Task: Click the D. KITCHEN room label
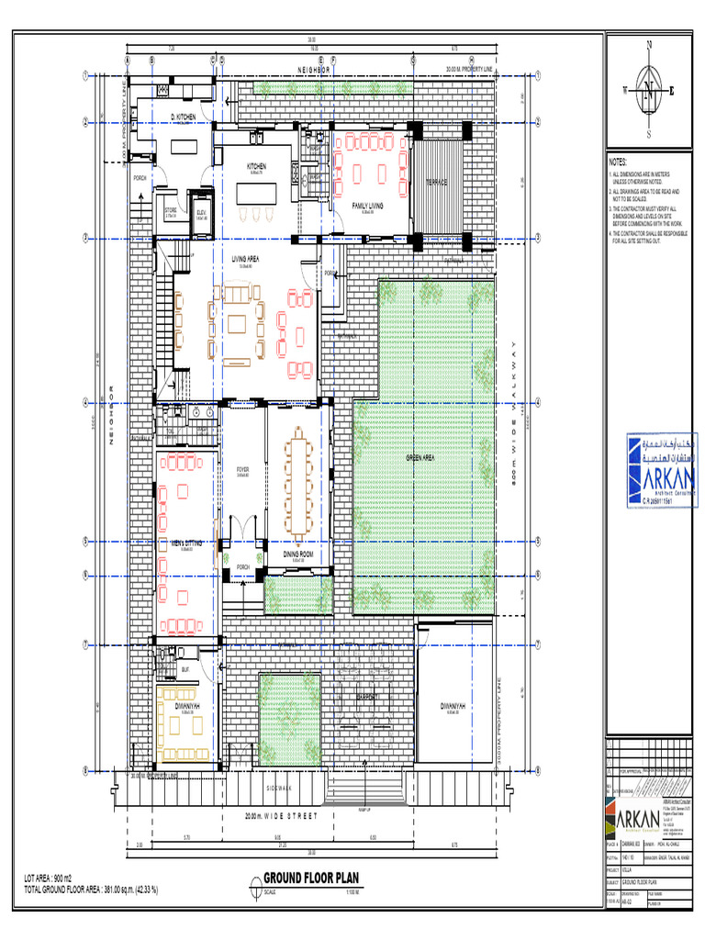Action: tap(183, 117)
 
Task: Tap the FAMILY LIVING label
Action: tap(366, 207)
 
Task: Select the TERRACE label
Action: tap(435, 183)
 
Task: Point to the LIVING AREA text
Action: tap(245, 260)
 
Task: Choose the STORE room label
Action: tap(171, 211)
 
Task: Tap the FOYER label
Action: tap(242, 469)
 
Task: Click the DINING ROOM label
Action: tap(298, 555)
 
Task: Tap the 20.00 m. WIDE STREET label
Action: tap(281, 816)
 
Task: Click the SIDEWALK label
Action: tap(278, 789)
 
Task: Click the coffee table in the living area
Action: tap(238, 324)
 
